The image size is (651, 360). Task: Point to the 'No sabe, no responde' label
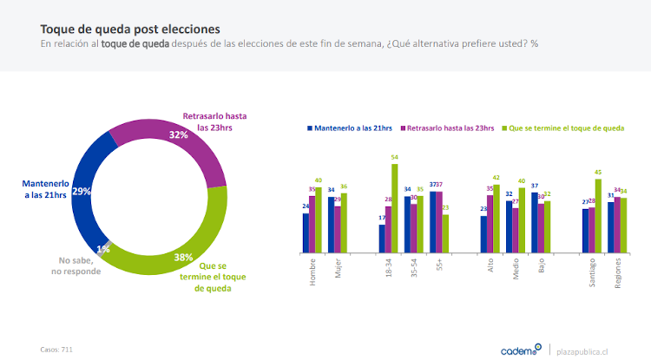click(x=80, y=265)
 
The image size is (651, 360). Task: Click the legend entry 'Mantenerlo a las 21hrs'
click(x=351, y=128)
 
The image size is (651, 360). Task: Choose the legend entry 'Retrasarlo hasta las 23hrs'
click(x=448, y=128)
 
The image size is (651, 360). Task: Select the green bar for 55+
click(x=446, y=233)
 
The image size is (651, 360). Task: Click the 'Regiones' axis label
click(x=618, y=275)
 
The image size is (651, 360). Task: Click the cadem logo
click(x=519, y=350)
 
